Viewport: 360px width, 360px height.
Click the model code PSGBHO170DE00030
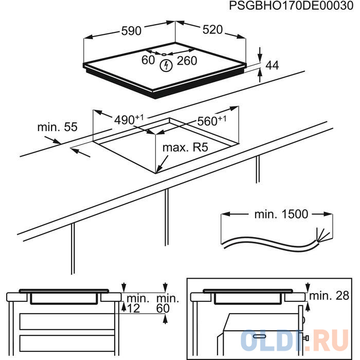(x=291, y=6)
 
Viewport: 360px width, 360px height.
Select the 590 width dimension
(x=131, y=31)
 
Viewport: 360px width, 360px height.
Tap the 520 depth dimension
(x=212, y=30)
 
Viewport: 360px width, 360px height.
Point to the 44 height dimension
(x=272, y=65)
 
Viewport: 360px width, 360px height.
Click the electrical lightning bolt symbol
(x=166, y=66)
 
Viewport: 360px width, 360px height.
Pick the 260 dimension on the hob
(x=187, y=61)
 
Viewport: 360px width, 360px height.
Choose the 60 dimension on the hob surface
(x=148, y=60)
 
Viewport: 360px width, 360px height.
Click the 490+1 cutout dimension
(x=129, y=120)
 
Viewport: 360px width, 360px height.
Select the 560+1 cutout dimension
(x=211, y=121)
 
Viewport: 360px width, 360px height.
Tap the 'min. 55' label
(x=58, y=127)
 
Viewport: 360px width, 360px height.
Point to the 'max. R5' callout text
(x=185, y=148)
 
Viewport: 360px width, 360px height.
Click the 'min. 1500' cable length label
(x=281, y=214)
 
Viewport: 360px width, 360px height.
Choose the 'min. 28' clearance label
(x=329, y=296)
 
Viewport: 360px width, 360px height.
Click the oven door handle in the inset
(x=259, y=336)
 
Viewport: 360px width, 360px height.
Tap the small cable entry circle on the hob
(x=164, y=55)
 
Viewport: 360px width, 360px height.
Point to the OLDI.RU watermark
(x=295, y=340)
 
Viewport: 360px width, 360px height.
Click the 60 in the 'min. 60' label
(x=163, y=309)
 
